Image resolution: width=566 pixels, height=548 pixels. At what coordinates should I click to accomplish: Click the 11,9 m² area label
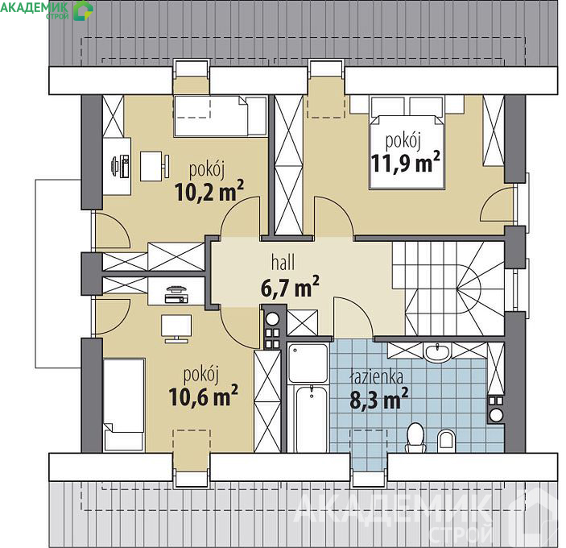[x=405, y=163]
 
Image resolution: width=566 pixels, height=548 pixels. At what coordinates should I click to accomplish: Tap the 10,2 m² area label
[x=209, y=192]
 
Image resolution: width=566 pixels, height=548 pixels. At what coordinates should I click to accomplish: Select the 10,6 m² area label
[x=203, y=396]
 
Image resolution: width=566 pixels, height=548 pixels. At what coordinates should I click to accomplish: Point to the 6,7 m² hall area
[x=290, y=287]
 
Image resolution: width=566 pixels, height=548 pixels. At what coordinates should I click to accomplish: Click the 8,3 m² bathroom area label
[x=379, y=398]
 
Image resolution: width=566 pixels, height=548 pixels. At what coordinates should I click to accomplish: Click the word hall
[x=283, y=262]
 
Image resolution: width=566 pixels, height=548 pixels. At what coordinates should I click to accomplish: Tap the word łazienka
[x=377, y=377]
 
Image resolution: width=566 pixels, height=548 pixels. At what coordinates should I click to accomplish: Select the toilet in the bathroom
[x=415, y=437]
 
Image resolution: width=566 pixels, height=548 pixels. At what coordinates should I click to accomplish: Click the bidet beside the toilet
[x=447, y=441]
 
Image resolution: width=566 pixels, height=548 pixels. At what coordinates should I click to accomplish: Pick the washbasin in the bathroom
[x=437, y=352]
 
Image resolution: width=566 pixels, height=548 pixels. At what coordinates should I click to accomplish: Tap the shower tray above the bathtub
[x=308, y=363]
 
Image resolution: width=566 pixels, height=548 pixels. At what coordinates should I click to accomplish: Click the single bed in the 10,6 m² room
[x=124, y=405]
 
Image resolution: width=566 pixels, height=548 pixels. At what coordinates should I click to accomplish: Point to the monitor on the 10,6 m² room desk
[x=176, y=328]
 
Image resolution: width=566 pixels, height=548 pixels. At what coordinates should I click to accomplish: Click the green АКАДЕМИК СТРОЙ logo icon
[x=84, y=10]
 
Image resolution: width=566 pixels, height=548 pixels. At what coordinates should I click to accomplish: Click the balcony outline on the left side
[x=59, y=274]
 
